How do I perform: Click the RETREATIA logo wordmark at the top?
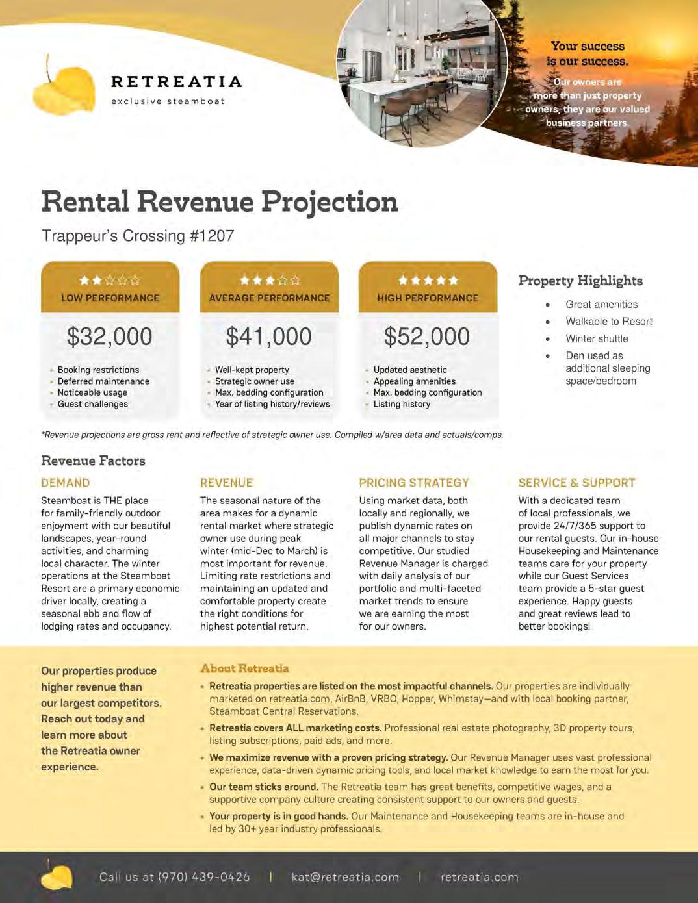(176, 82)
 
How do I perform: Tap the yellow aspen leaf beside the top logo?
(64, 88)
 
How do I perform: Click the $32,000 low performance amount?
(110, 337)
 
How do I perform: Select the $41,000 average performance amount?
(268, 337)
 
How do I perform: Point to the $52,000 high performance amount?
(427, 337)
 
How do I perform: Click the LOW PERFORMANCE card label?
(110, 298)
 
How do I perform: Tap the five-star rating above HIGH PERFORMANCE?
(428, 281)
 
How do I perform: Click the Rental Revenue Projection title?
(220, 202)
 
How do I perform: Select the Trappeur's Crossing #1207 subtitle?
(138, 236)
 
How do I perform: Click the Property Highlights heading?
(580, 281)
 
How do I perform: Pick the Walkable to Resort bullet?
(609, 321)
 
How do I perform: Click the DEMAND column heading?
(66, 483)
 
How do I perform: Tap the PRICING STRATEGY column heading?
(414, 483)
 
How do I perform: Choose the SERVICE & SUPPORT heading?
(576, 483)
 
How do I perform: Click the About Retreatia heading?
(244, 668)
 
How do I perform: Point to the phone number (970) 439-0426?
(203, 877)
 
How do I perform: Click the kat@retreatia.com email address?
(345, 877)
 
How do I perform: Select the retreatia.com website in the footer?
(480, 877)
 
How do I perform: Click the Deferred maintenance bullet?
(103, 381)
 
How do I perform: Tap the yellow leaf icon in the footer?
(57, 876)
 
